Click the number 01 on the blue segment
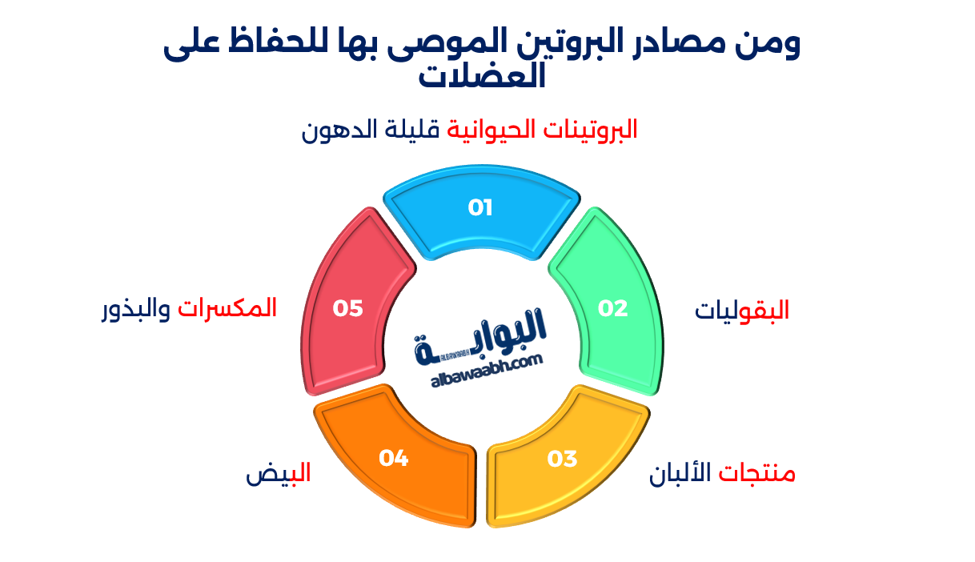pyautogui.click(x=480, y=208)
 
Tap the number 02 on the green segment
pyautogui.click(x=613, y=309)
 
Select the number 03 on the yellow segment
pyautogui.click(x=562, y=460)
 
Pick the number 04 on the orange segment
pyautogui.click(x=394, y=459)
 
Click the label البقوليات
pyautogui.click(x=742, y=311)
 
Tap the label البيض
pyautogui.click(x=278, y=474)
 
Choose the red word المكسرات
pyautogui.click(x=227, y=308)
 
